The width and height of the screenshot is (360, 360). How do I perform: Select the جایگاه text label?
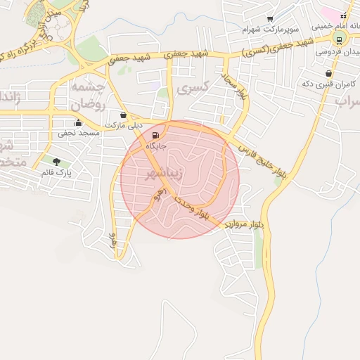(x=155, y=146)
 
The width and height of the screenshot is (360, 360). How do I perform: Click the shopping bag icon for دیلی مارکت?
(x=124, y=115)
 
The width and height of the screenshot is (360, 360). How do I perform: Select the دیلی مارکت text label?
(x=124, y=125)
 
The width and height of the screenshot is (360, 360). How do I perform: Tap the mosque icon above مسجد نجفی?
(x=79, y=123)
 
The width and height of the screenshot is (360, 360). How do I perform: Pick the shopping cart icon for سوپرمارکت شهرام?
(x=270, y=20)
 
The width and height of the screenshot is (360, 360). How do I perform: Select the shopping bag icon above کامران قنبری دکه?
(x=328, y=73)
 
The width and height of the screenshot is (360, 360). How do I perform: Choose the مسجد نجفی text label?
(x=79, y=133)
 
